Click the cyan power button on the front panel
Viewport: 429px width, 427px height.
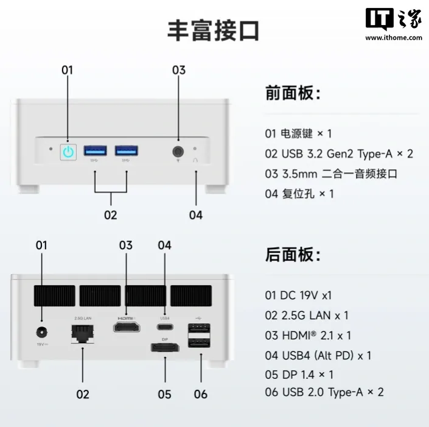[x=68, y=152]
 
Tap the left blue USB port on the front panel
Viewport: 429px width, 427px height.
[x=95, y=150]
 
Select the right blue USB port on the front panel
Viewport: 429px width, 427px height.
[x=127, y=150]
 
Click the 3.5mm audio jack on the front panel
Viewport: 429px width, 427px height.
[x=178, y=152]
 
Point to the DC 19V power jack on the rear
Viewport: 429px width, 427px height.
[x=41, y=333]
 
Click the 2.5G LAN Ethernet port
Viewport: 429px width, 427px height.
[x=82, y=334]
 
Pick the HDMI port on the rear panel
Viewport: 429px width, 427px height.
[x=127, y=327]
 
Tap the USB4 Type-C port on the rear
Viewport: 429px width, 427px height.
[x=165, y=326]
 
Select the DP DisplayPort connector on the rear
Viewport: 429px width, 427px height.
[x=165, y=347]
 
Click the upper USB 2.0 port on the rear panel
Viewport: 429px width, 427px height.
[x=199, y=328]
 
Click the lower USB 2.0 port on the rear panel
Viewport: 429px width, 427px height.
[x=199, y=342]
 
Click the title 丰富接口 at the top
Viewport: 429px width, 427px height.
[x=214, y=30]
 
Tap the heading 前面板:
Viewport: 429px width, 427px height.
[x=293, y=93]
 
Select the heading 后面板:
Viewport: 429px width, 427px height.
[x=293, y=255]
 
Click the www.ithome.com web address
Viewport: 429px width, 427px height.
[x=394, y=38]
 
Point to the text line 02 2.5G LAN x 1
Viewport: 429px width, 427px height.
[x=307, y=316]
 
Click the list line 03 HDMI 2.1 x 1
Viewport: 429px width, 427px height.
[x=308, y=336]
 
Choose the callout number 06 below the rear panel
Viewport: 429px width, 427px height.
[x=201, y=394]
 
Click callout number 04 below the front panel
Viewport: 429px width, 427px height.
[x=196, y=215]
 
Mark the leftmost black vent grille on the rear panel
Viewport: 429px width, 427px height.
[x=55, y=296]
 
